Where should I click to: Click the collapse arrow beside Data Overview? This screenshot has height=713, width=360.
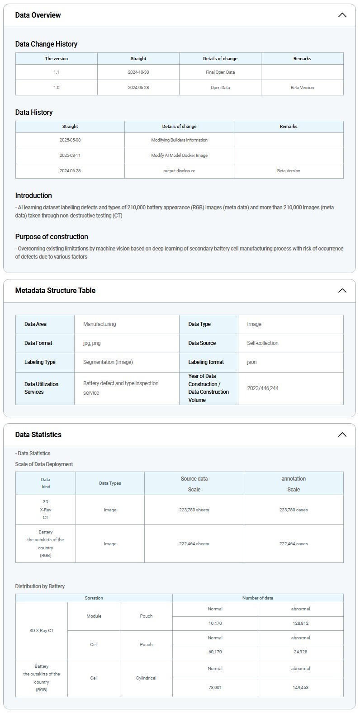pos(342,15)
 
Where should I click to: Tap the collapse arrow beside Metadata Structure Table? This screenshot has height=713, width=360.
pos(342,290)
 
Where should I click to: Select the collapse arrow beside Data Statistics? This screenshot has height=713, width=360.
pos(342,434)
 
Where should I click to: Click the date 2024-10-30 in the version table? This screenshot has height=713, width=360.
pos(138,72)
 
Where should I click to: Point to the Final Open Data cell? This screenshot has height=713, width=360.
pos(220,72)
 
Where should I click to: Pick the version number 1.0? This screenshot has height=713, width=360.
pos(56,88)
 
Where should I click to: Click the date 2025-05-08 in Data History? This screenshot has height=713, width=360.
pos(70,140)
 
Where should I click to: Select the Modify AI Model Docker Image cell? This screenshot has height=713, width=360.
pos(179,156)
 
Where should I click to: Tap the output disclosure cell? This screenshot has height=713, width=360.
pos(179,171)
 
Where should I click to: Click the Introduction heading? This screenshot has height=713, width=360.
pos(33,195)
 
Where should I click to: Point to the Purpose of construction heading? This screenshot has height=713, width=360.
pos(52,236)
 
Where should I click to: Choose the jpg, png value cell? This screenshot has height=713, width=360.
pos(92,343)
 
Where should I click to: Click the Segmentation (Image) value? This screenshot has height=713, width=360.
pos(108,362)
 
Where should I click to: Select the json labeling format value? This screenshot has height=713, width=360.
pos(252,362)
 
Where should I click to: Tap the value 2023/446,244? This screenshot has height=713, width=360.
pos(263,388)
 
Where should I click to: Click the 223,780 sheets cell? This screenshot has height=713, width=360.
pos(194,510)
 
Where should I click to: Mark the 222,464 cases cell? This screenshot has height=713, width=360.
pos(294,544)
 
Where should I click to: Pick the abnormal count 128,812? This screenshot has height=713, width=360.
pos(300,623)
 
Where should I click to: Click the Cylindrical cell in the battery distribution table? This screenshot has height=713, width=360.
pos(146,678)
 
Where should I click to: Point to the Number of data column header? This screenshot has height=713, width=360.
pos(258,598)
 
